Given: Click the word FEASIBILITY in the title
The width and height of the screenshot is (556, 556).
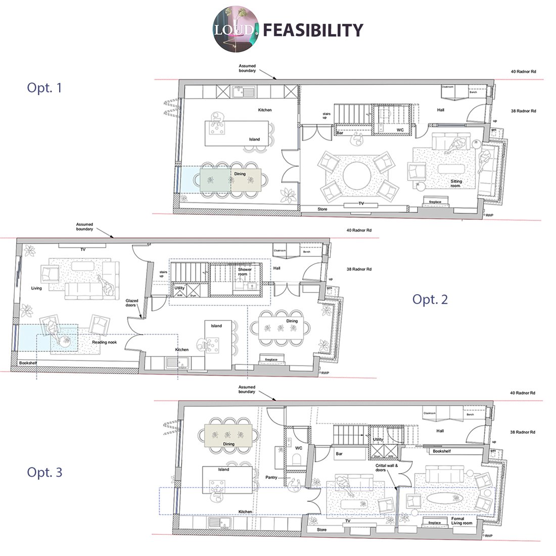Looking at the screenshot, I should pos(313,30).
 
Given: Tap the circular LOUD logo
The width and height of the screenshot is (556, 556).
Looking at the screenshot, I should pos(236,30).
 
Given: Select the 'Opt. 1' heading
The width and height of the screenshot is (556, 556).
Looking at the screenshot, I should pos(44,88).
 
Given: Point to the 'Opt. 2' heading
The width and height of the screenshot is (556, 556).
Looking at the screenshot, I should pos(430,299).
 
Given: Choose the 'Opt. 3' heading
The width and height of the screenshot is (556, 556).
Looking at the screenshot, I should pos(44,473).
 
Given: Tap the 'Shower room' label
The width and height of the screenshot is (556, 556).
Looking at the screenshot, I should pos(245,272).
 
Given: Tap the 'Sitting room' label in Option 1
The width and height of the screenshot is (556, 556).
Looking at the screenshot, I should pos(456,183).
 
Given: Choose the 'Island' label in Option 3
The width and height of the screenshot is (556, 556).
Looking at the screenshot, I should pos(223,470).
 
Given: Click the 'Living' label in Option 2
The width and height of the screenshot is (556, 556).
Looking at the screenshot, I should pos(36,288).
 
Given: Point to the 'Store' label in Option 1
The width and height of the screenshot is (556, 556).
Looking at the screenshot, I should pos(322,209).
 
